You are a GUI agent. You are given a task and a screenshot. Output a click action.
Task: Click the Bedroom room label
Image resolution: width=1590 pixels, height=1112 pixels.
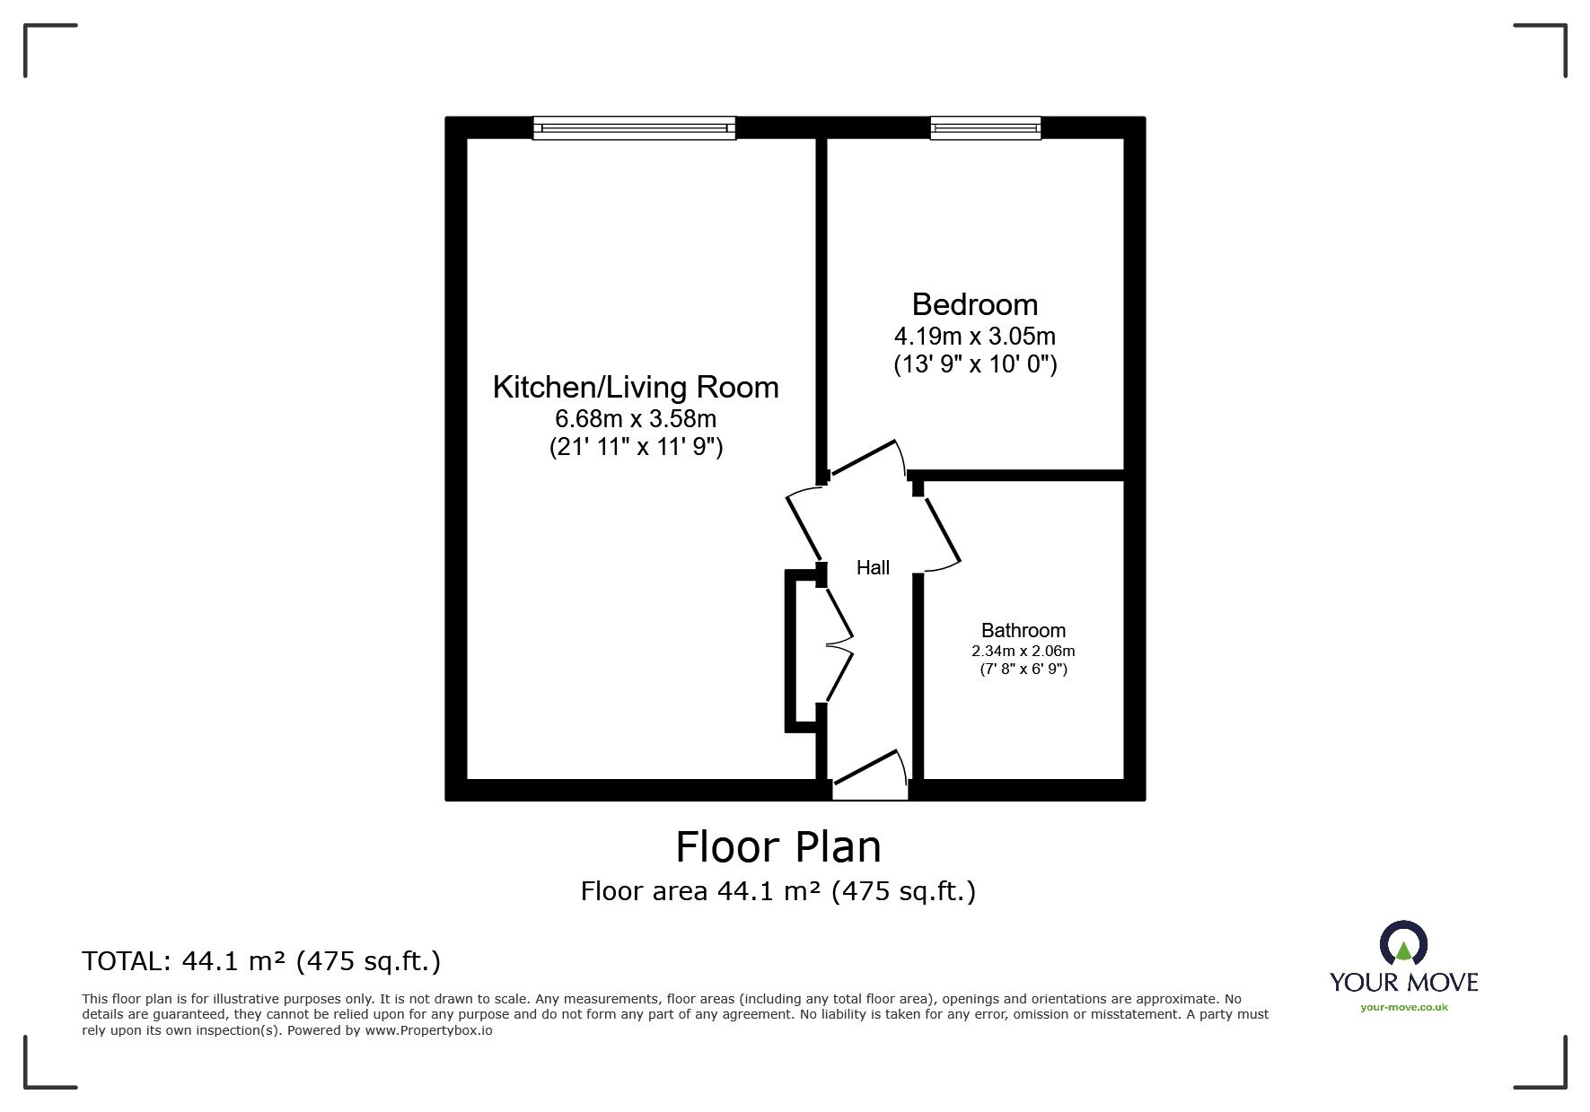point(974,305)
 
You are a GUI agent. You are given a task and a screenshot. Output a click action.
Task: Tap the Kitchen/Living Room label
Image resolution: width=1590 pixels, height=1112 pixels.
point(636,388)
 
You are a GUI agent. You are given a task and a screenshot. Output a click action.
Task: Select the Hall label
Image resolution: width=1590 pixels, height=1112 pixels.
point(873,567)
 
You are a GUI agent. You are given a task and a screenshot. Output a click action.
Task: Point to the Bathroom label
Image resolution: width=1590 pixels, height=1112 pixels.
point(1023,630)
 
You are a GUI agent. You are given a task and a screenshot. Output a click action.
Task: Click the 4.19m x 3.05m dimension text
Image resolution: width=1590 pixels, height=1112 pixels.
point(974,337)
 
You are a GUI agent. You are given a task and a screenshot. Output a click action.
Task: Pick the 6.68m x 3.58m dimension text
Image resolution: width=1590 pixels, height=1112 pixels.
point(636,418)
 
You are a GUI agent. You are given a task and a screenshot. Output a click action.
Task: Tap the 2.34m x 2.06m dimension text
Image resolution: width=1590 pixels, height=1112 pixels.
point(1023,651)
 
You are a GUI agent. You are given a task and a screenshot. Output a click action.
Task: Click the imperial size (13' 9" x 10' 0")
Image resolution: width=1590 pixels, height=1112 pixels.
point(975,364)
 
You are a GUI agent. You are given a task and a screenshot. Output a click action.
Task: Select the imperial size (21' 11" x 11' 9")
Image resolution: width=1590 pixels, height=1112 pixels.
point(636,447)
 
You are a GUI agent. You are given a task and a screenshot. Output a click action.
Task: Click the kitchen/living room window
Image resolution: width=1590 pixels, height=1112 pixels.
point(634,128)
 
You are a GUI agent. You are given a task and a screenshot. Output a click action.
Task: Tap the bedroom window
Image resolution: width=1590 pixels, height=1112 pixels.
point(986,128)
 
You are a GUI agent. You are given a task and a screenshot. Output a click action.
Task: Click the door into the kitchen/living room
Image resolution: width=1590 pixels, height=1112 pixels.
point(804,525)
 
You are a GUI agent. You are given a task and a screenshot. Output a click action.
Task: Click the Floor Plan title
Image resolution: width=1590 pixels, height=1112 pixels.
point(777,846)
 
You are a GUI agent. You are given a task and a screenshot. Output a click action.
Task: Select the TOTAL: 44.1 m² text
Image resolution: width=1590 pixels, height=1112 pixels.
point(261,962)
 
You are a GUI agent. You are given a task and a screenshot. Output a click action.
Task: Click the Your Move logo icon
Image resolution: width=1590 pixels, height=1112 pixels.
point(1402,944)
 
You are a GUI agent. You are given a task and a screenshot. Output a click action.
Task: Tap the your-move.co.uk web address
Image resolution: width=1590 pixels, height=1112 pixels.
point(1403,1007)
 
